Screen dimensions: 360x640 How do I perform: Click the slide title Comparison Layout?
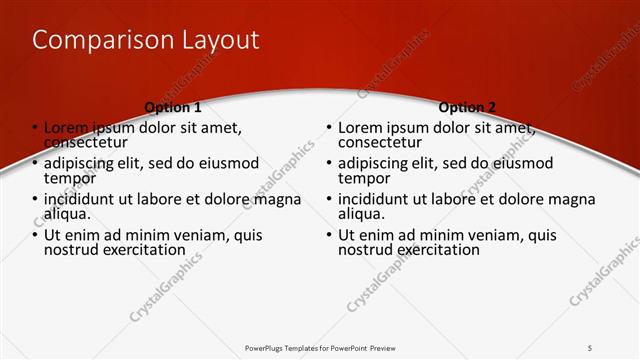(x=146, y=40)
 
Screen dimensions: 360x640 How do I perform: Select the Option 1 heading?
(x=173, y=107)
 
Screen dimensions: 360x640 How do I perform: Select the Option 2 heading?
(x=467, y=107)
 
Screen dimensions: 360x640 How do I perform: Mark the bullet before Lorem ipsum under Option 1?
(x=36, y=128)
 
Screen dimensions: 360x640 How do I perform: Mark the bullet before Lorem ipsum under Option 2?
(x=329, y=128)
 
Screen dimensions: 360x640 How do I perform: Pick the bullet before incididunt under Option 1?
(x=36, y=199)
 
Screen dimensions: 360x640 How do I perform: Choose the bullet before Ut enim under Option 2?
(x=329, y=235)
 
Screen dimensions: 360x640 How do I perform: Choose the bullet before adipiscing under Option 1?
(x=36, y=163)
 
